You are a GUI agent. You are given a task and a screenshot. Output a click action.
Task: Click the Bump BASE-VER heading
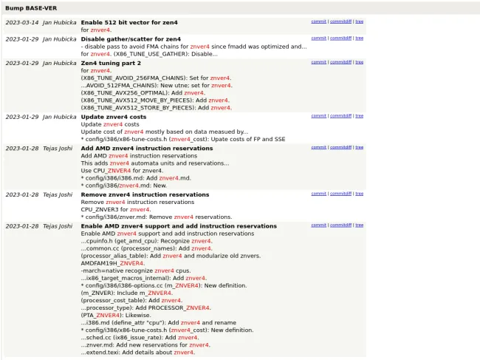tap(30, 7)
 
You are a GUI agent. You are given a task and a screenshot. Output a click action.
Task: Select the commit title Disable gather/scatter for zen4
tap(131, 38)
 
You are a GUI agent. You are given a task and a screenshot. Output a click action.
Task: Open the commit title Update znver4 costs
tap(114, 117)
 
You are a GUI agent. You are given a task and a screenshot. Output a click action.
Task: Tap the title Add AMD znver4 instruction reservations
tap(146, 148)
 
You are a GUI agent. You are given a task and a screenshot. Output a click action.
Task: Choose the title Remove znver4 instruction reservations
tap(145, 194)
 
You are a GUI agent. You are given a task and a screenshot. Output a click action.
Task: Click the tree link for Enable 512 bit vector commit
tap(360, 22)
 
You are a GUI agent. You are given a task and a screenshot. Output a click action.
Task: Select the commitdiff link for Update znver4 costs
tap(340, 116)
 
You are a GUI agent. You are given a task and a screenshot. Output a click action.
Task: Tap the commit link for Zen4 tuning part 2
tap(318, 62)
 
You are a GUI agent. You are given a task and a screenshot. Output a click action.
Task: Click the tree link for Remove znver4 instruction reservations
tap(360, 194)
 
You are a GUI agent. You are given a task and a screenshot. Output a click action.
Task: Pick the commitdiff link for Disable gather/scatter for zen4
tap(340, 38)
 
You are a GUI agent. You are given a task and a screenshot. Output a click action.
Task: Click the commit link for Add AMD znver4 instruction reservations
tap(318, 147)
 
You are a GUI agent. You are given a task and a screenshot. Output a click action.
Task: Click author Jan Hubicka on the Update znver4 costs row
tap(59, 117)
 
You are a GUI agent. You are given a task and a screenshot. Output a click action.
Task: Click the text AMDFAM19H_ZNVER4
tap(112, 263)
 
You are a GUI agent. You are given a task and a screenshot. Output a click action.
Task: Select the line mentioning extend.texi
tap(137, 353)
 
